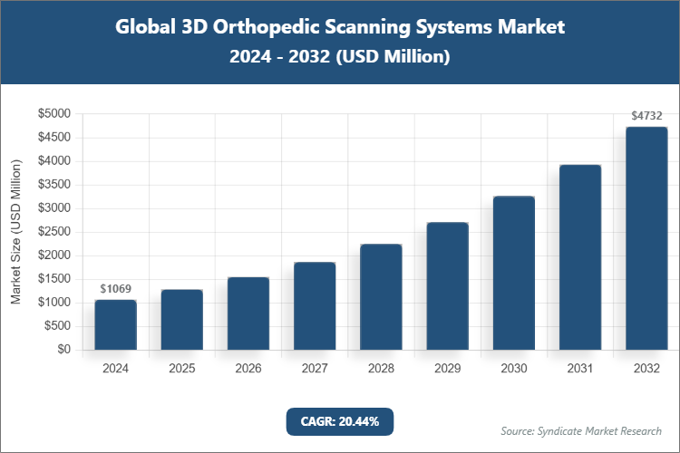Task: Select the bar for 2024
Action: (x=115, y=324)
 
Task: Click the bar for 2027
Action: (x=315, y=306)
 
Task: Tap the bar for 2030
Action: (x=513, y=273)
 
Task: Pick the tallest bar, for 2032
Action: (x=646, y=238)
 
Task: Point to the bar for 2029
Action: (x=447, y=286)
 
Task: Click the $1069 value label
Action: (x=115, y=288)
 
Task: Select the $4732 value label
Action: (x=646, y=116)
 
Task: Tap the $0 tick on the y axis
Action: (x=63, y=350)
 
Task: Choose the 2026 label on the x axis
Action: (x=248, y=369)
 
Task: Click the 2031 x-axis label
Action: (x=579, y=369)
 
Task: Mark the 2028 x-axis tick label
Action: (x=381, y=369)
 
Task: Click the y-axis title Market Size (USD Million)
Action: (x=15, y=232)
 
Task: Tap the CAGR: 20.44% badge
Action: (x=340, y=421)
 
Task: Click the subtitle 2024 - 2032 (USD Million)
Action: (x=340, y=57)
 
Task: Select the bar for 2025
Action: (x=181, y=320)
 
